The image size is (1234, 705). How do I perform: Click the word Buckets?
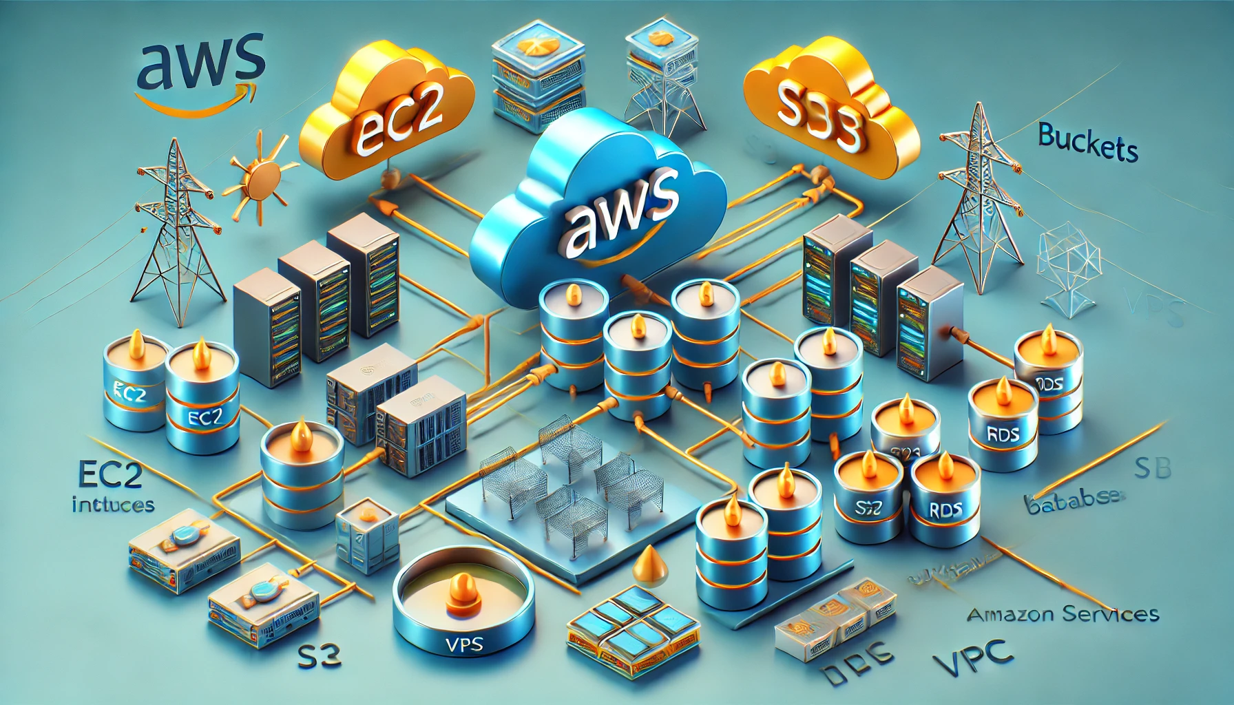tap(1087, 143)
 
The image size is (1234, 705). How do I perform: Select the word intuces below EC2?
tap(112, 505)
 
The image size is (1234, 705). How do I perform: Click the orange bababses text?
tap(1074, 501)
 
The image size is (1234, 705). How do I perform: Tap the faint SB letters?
tap(1151, 469)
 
